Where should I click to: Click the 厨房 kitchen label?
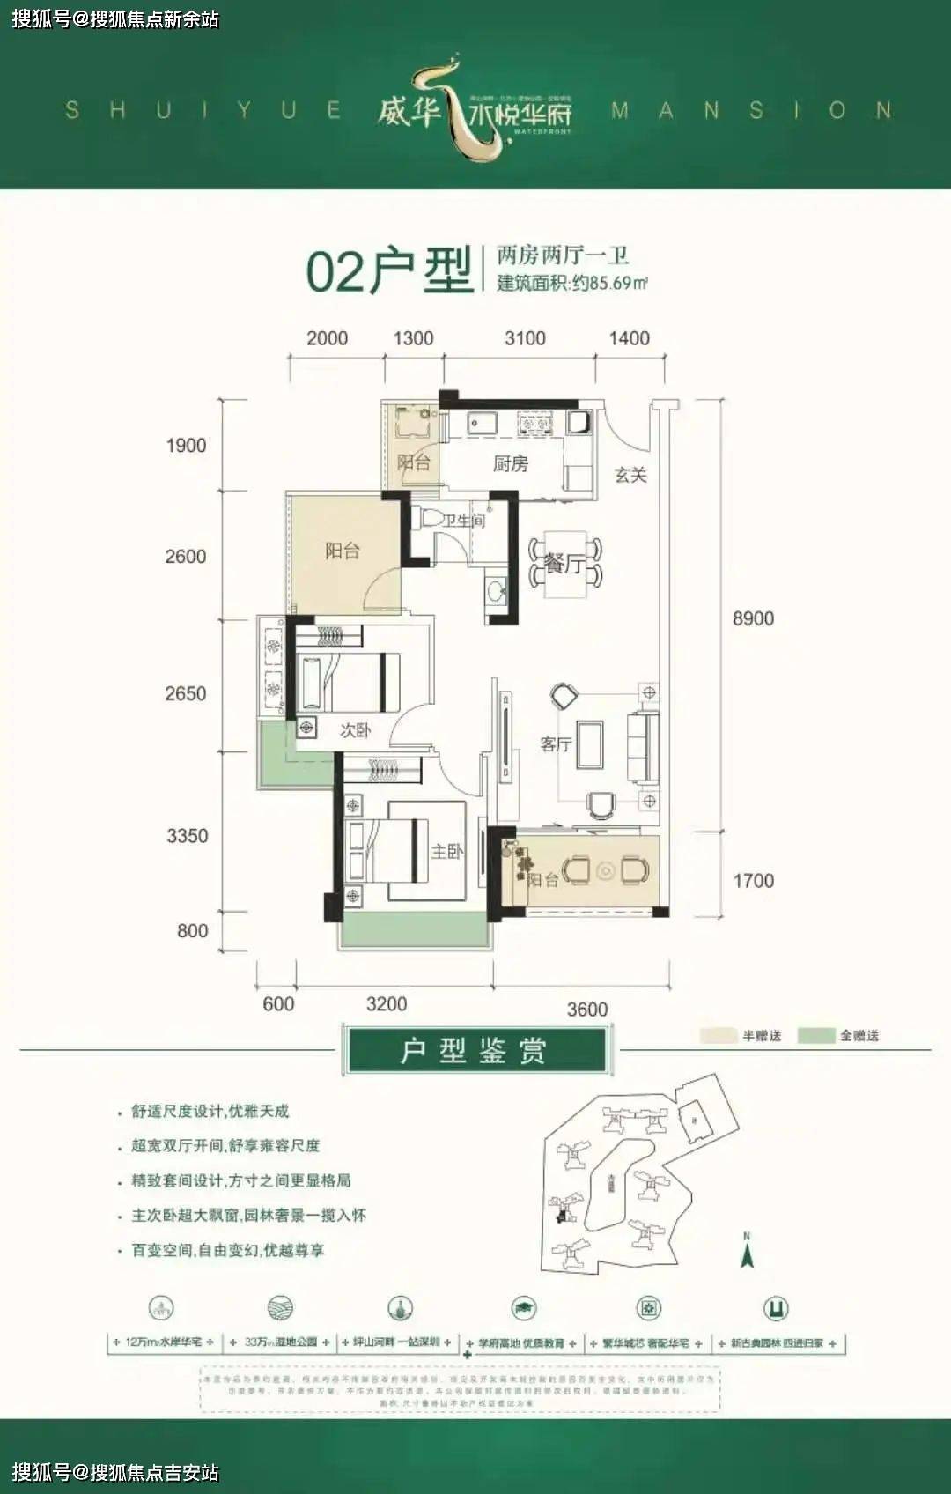510,463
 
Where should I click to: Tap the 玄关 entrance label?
630,475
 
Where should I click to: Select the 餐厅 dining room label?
564,564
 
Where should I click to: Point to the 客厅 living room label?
556,744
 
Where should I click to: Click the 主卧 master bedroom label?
446,851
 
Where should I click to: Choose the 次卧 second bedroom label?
355,730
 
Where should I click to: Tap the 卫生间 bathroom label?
464,521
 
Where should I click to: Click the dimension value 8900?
753,618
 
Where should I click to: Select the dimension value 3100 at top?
525,338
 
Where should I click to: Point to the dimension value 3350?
187,836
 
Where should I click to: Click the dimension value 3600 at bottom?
586,1010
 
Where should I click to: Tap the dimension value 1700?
753,881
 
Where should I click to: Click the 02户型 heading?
389,270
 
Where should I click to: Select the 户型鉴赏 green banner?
475,1050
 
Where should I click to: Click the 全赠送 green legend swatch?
816,1036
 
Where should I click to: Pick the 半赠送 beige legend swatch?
719,1036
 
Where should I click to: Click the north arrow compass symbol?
747,1251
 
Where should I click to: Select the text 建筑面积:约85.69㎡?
572,283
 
